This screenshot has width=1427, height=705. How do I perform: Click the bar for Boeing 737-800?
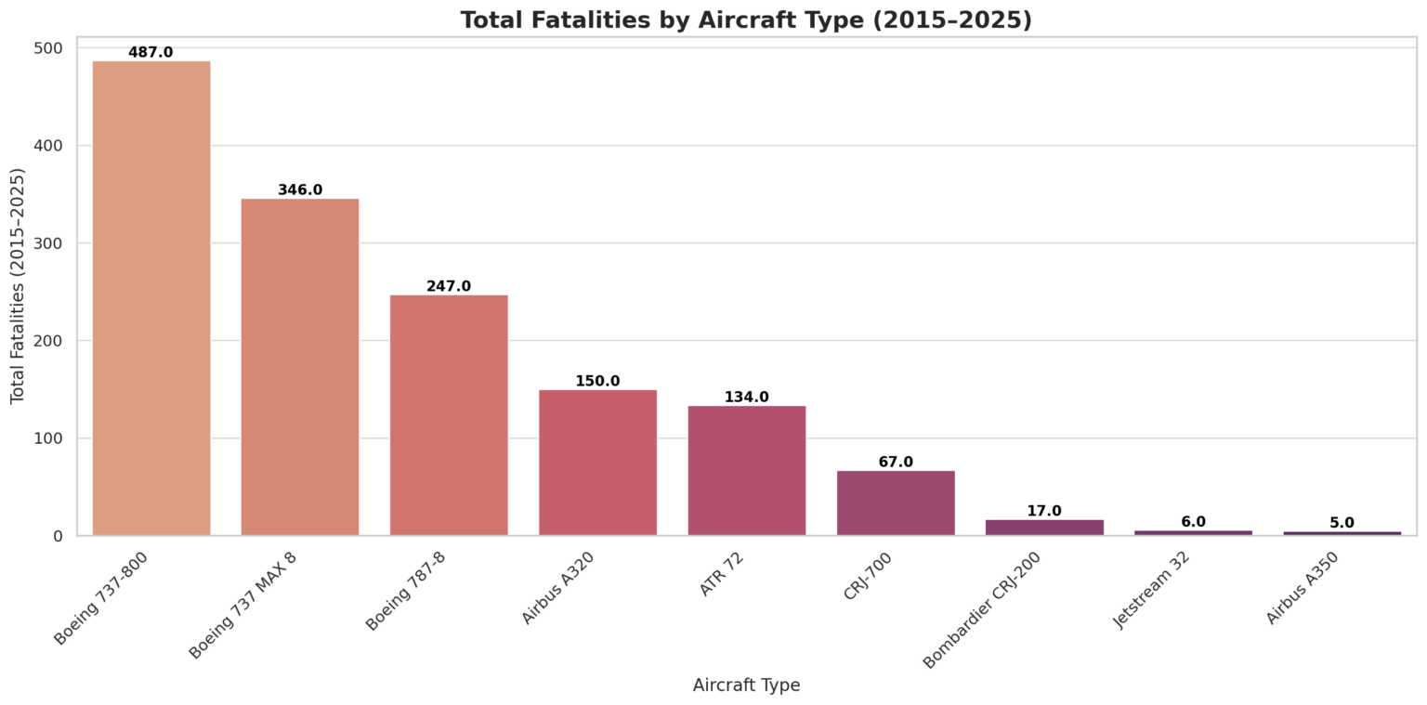tap(151, 298)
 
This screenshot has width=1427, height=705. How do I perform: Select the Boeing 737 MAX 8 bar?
tap(300, 367)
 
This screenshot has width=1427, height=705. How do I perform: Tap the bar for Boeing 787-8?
tap(449, 415)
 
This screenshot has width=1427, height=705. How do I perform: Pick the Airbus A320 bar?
tap(598, 463)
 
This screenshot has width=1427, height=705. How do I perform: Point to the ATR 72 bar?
tap(747, 471)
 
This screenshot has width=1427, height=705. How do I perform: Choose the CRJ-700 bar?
tap(896, 503)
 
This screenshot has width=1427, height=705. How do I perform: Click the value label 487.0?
tap(151, 52)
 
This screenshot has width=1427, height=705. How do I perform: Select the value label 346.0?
tap(300, 189)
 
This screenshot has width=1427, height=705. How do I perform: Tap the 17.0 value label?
tap(1044, 511)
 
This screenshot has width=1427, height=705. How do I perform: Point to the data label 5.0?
tap(1342, 523)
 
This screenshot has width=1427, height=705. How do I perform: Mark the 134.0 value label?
tap(747, 397)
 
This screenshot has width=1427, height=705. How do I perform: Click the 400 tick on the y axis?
tap(48, 146)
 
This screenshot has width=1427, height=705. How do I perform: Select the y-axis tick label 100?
tap(48, 438)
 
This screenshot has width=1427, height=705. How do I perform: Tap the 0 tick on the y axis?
tap(58, 536)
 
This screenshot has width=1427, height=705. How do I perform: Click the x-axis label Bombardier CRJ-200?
tap(982, 611)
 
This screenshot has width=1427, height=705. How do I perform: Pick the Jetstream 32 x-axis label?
tap(1151, 591)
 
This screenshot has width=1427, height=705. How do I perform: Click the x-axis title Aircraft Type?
tap(747, 685)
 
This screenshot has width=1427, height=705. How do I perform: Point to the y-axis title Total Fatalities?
tap(18, 286)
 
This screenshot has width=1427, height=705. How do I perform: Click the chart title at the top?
tap(747, 20)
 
